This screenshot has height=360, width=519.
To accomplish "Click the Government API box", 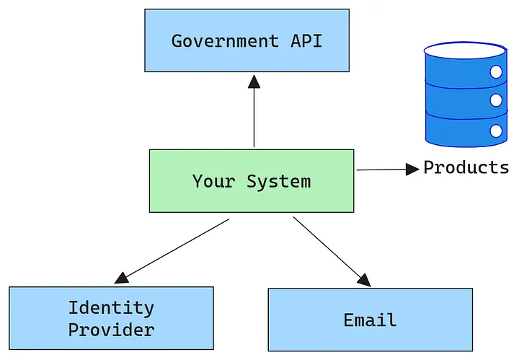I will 247,40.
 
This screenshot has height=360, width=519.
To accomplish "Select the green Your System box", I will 251,181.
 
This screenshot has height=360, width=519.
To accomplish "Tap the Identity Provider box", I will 111,318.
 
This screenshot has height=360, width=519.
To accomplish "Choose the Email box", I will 370,320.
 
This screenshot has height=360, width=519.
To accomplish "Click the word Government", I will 224,40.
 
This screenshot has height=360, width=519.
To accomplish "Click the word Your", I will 214,181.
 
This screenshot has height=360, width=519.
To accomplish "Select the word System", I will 279,181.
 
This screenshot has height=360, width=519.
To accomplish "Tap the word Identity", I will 111,308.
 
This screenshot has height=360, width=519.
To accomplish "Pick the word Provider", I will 111,330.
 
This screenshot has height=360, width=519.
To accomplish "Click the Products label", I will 466,168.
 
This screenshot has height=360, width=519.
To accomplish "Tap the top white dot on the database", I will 496,71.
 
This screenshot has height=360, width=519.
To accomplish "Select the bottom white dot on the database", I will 496,131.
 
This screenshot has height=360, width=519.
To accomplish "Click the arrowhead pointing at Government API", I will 254,81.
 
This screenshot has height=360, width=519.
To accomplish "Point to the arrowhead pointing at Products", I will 412,169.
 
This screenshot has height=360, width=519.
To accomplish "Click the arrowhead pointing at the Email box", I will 365,280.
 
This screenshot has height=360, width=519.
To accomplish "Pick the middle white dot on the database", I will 496,100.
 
